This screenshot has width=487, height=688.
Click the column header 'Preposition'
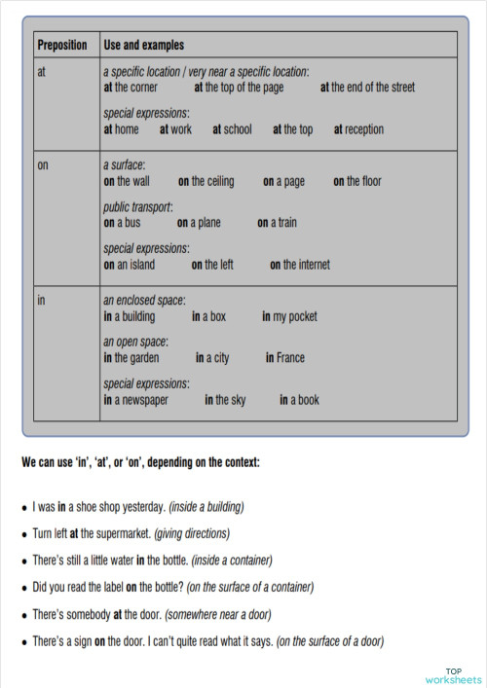[x=61, y=45]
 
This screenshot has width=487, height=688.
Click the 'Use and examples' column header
[x=144, y=45]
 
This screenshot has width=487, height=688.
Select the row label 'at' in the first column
[x=41, y=71]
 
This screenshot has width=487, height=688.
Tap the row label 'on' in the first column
[x=42, y=165]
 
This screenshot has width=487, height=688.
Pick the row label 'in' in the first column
[x=41, y=300]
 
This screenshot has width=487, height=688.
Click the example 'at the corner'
[x=131, y=87]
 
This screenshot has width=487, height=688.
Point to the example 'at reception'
[x=358, y=128]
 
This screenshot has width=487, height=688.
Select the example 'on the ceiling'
[x=206, y=181]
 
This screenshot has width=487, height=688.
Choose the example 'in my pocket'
[x=289, y=316]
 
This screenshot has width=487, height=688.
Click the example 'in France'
[x=285, y=358]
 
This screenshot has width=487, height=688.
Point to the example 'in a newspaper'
[x=136, y=399]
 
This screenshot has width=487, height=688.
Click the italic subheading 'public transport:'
[x=138, y=207]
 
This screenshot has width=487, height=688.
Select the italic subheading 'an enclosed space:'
[x=144, y=301]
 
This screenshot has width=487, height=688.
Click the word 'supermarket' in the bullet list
[x=122, y=533]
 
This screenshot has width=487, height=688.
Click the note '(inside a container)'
[x=232, y=561]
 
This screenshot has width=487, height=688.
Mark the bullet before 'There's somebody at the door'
[x=23, y=615]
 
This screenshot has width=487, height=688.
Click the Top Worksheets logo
[x=453, y=674]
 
